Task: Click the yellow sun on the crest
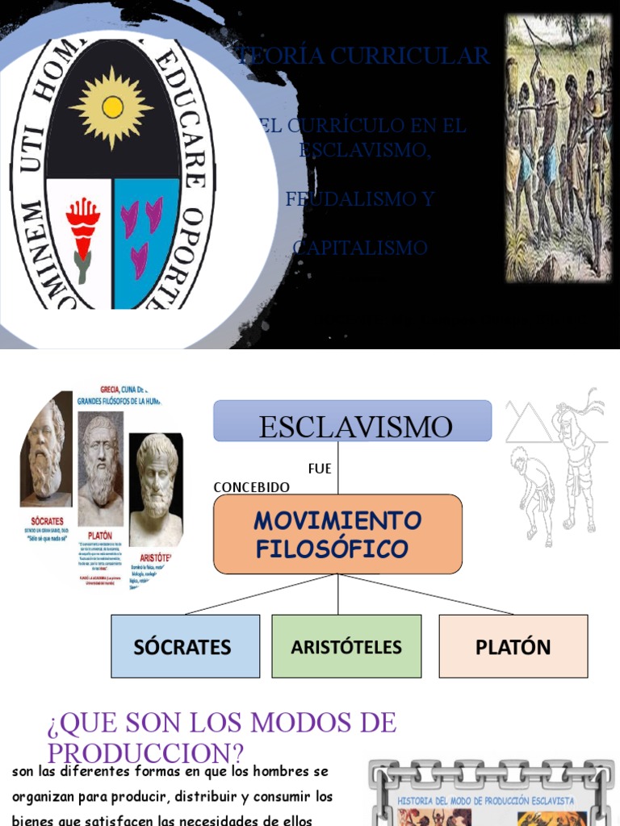[x=112, y=107]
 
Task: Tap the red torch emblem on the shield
[x=82, y=228]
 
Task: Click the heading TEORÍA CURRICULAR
[x=364, y=56]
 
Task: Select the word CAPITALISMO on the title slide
[x=360, y=248]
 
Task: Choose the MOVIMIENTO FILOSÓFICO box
[x=337, y=534]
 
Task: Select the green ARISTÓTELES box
[x=346, y=646]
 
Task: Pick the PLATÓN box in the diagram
[x=513, y=646]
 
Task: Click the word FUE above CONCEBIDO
[x=320, y=469]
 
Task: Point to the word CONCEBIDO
[x=251, y=487]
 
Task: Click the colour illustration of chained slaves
[x=558, y=148]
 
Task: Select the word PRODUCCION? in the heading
[x=145, y=753]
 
